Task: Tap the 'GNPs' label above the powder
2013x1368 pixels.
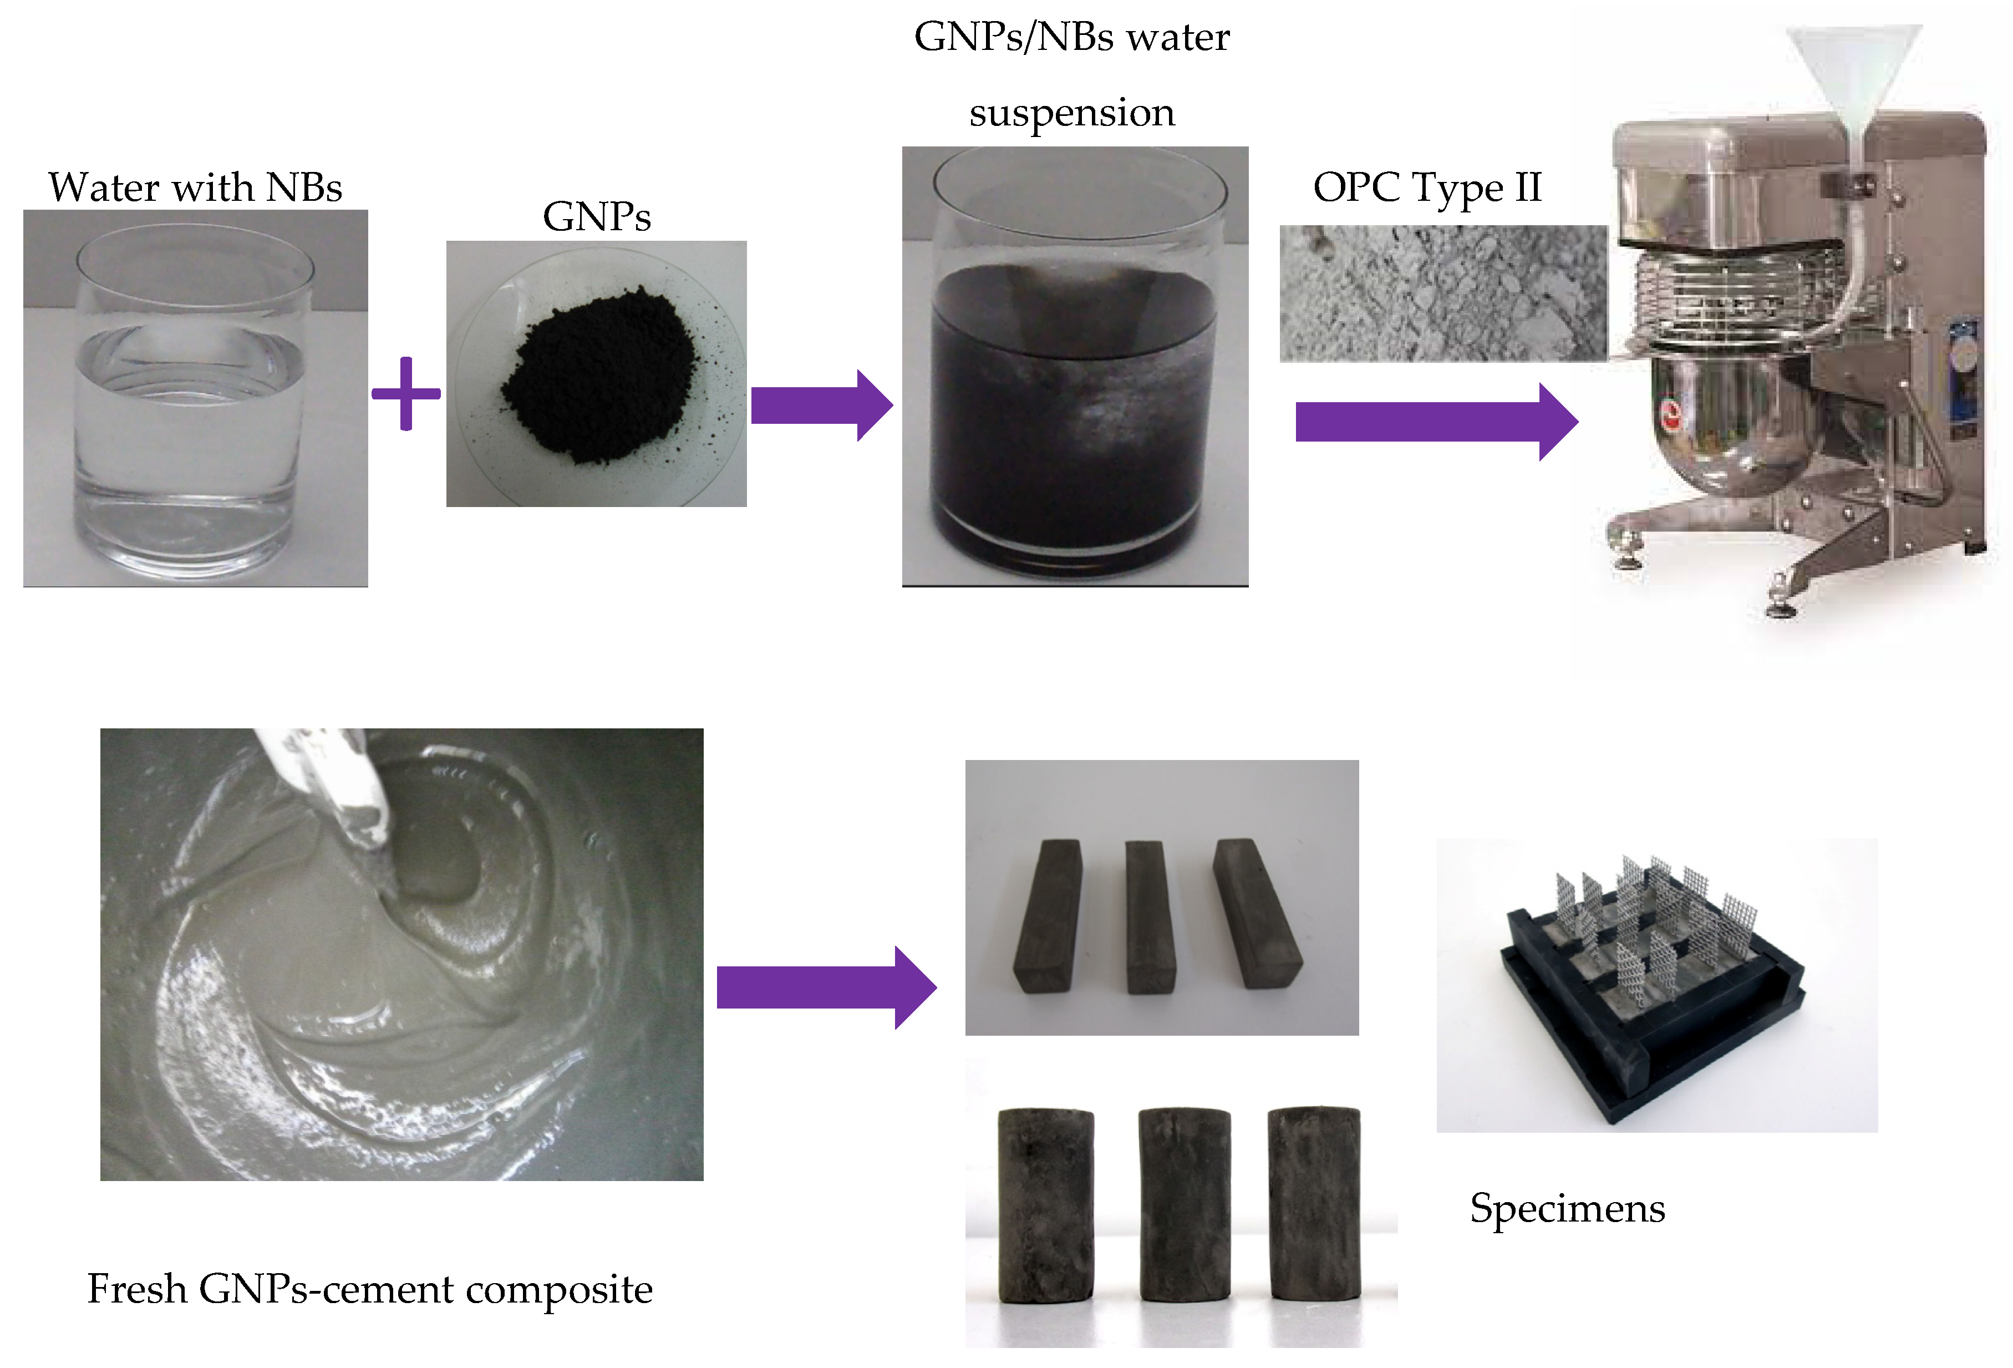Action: point(596,216)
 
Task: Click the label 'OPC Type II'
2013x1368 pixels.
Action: point(1427,187)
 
